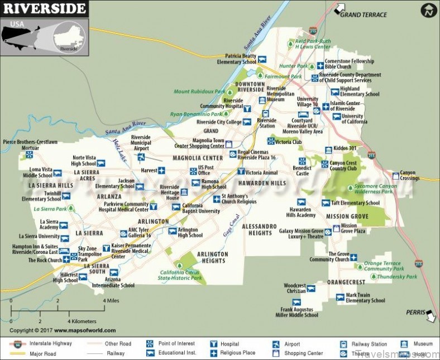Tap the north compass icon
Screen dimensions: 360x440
pos(429,9)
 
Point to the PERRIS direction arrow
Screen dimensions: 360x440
pos(431,316)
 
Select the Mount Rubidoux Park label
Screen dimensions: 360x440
pos(199,92)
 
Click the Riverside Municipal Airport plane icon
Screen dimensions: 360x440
pos(141,157)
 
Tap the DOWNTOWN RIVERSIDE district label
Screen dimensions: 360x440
pos(250,87)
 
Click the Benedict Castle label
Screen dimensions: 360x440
pos(302,170)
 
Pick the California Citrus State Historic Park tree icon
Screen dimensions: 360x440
pos(180,265)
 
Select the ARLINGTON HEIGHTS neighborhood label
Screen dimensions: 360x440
pos(213,257)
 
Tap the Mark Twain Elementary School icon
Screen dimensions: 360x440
pos(339,297)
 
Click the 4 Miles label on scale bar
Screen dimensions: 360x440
pos(111,301)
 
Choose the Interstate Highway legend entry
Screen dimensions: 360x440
pos(50,343)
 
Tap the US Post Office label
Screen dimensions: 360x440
pos(206,170)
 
